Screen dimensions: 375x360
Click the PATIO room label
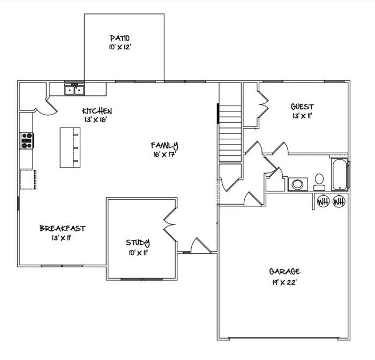120,38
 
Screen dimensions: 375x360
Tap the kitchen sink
74,89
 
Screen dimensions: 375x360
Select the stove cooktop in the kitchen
27,140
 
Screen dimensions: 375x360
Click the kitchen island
70,147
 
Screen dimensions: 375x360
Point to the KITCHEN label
97,111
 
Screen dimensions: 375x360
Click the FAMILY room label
164,145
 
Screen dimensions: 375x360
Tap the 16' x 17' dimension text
164,154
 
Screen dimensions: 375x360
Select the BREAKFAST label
63,228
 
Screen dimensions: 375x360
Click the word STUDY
138,243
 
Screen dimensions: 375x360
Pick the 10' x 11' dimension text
139,253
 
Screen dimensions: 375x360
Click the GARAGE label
284,271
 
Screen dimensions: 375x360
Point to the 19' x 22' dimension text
284,282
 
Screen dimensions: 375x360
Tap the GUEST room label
302,107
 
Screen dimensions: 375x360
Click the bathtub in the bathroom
339,175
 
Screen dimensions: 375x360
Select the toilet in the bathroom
319,182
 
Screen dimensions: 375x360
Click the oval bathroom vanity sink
298,184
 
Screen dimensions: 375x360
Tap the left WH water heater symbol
323,201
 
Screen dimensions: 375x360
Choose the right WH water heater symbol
339,201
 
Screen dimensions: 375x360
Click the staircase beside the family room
230,134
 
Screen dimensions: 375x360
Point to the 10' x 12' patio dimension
120,47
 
